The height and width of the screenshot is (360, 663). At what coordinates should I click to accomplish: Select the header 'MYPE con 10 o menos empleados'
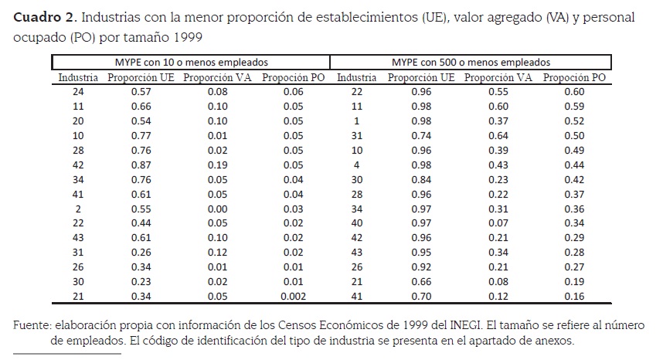[190, 63]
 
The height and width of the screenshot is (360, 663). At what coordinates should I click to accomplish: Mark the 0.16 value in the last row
[574, 295]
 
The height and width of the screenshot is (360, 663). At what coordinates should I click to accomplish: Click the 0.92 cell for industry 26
[420, 266]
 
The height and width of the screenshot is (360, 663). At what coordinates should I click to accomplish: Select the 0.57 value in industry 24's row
[141, 91]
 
